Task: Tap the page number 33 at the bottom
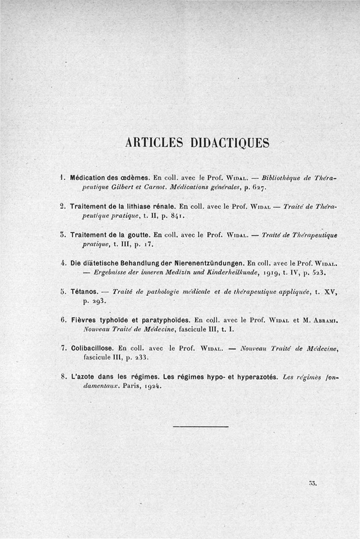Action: click(313, 484)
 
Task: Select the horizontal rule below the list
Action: click(201, 426)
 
